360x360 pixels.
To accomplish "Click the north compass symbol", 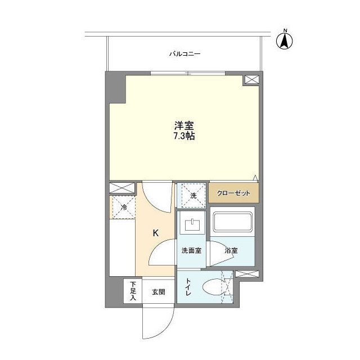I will (x=285, y=39).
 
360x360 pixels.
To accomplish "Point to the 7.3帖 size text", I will (x=183, y=137).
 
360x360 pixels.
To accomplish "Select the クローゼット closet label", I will (x=234, y=192).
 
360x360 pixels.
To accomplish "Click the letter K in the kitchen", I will (x=156, y=232).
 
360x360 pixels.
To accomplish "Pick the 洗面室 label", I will (x=192, y=250).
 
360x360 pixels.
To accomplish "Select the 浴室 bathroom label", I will (x=232, y=250).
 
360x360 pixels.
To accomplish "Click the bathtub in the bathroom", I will (x=233, y=223).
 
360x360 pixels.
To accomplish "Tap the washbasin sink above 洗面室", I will (x=192, y=226).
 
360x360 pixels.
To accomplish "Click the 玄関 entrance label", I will (x=158, y=292).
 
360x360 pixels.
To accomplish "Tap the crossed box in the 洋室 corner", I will (x=251, y=80).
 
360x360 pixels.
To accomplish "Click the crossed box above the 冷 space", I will (x=122, y=188).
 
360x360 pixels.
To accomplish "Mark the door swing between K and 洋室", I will (x=156, y=196).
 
